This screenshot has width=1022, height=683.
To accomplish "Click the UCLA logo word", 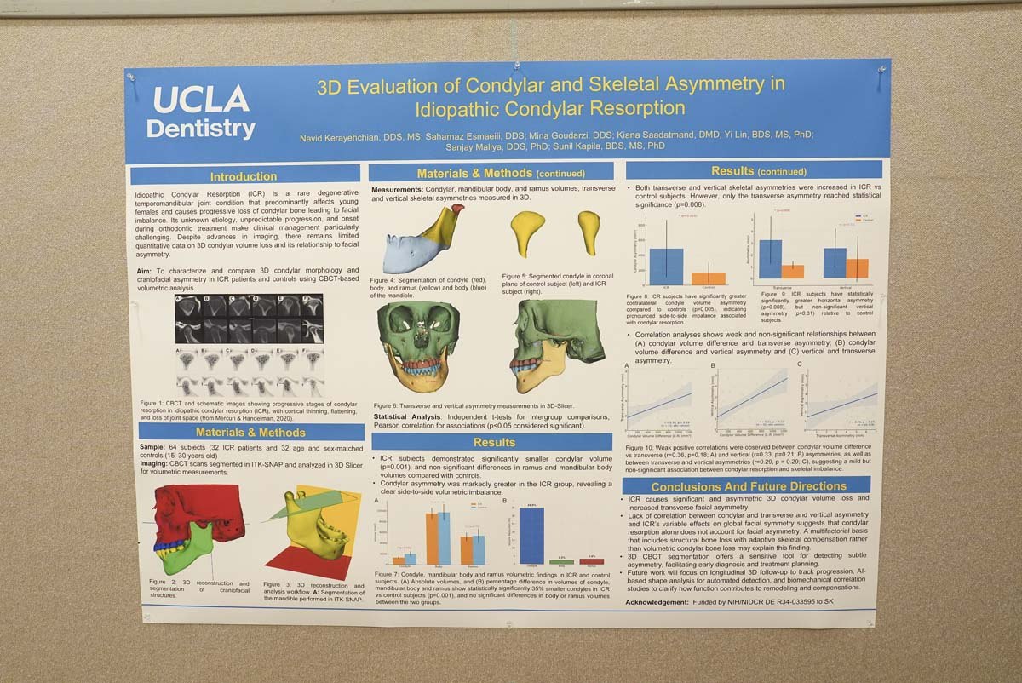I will pos(201,100).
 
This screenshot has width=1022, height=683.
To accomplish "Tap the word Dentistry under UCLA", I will pos(201,129).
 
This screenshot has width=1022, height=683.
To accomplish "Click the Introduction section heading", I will pos(244,177).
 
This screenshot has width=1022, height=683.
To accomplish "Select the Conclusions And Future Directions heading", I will pos(747,486).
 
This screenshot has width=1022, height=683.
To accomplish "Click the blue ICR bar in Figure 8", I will pos(667,266).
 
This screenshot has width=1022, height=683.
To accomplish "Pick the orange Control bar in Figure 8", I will pos(709,278).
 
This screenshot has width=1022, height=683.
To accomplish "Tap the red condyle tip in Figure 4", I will pos(456,215).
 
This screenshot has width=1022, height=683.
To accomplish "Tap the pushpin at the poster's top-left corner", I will pos(132,77).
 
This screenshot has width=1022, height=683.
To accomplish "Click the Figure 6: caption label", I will pos(391,405).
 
